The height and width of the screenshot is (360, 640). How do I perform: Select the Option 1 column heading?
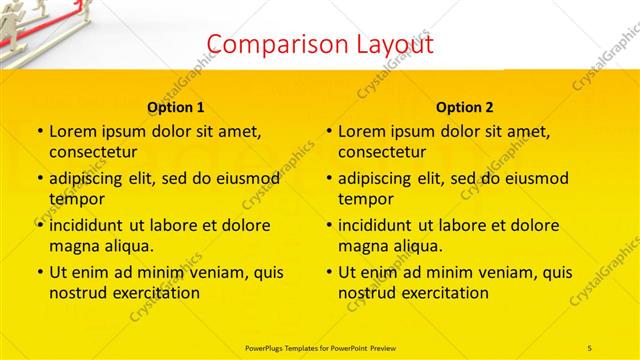point(176,107)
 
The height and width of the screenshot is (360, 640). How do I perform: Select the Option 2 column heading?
point(465,107)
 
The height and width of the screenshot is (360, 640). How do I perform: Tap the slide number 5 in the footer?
point(589,346)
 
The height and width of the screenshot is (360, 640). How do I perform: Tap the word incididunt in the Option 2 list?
point(377,225)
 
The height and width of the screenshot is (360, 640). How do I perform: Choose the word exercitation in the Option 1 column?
point(153,293)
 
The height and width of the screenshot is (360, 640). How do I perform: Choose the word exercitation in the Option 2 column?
point(442,293)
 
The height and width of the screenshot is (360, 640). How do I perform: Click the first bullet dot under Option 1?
point(39,132)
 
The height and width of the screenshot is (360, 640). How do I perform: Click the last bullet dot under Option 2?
point(328,272)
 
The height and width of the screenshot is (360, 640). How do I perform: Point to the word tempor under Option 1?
point(72,198)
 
